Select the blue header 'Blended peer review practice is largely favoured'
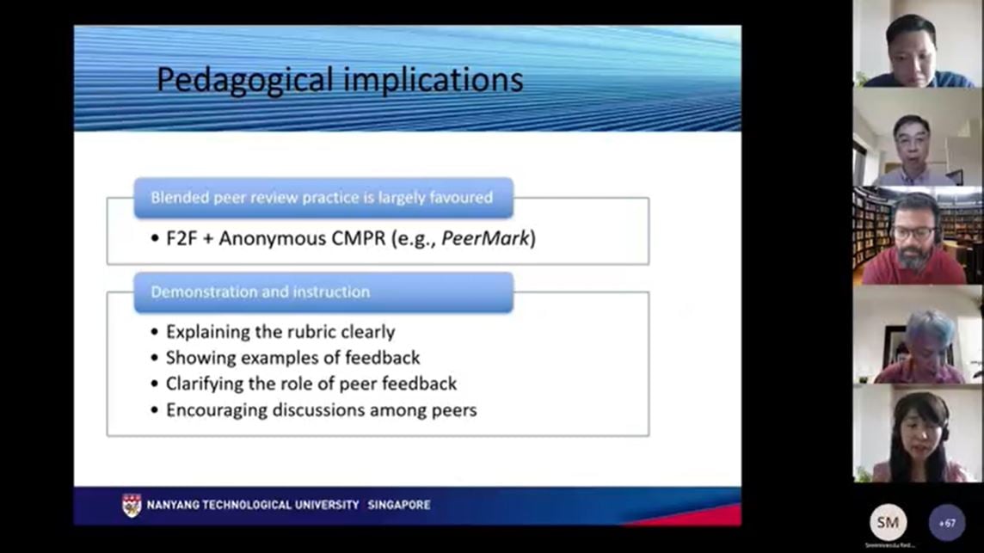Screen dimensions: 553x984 pos(323,198)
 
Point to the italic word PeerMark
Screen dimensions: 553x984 pos(486,238)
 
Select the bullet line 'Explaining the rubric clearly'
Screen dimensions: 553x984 pos(280,331)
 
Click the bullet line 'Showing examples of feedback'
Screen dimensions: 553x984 pos(292,357)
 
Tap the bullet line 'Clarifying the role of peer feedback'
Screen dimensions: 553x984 pos(311,384)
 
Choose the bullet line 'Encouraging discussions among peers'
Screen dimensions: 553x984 pos(321,410)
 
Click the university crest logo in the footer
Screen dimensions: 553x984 pos(132,505)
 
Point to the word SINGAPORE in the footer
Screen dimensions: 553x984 pos(399,505)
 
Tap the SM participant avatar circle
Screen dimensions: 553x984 pos(888,522)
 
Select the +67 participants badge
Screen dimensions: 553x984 pos(946,522)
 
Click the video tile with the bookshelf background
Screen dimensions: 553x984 pos(918,236)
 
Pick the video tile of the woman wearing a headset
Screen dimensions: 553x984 pos(918,433)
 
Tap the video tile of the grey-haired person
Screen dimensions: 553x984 pos(918,335)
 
